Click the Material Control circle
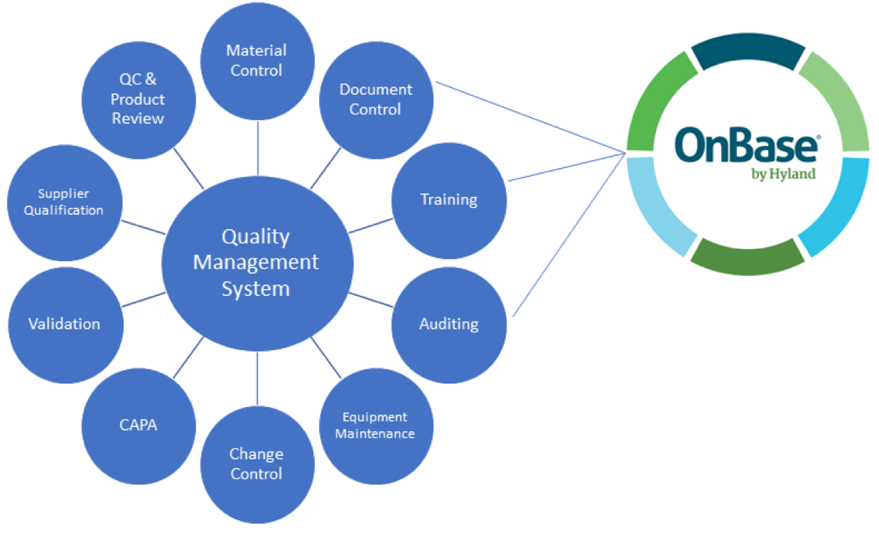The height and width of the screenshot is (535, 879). [x=257, y=60]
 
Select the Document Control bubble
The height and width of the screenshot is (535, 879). [x=376, y=100]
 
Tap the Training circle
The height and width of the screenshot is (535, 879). [x=449, y=199]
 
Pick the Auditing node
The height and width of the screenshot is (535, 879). [x=449, y=324]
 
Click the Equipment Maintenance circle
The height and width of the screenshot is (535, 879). [x=375, y=425]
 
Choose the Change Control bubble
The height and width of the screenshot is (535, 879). [x=257, y=464]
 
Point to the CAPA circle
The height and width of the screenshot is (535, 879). [x=139, y=425]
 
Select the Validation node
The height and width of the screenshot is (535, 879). [x=65, y=324]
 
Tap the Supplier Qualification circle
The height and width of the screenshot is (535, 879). [x=64, y=203]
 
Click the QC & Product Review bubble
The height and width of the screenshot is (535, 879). [x=139, y=100]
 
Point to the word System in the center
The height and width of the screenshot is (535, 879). [x=256, y=289]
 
